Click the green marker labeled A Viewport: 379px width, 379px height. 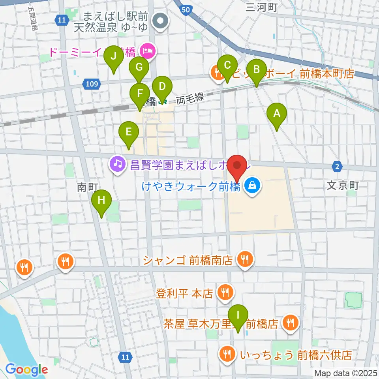coord(277,114)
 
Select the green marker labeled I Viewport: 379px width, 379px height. coord(238,316)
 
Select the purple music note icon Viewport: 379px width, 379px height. coord(116,162)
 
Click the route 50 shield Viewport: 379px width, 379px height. coord(186,9)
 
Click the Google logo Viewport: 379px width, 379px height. coord(26,370)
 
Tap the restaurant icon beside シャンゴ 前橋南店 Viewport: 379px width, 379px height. coord(245,259)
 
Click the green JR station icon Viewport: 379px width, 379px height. coord(162,102)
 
